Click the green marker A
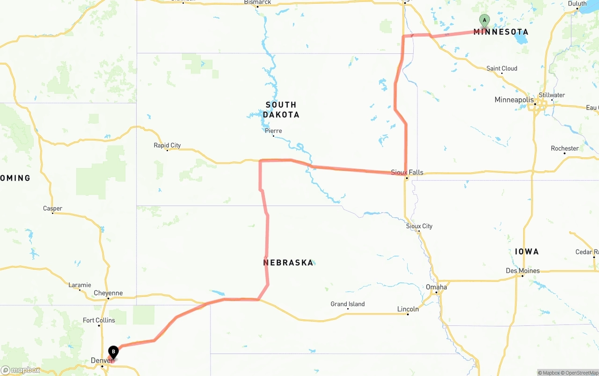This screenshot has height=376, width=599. pos(484,21)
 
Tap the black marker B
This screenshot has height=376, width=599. pos(113,352)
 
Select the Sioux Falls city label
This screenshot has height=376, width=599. pos(407,172)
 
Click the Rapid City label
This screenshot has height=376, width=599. pos(167,146)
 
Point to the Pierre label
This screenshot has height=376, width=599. pos(273,131)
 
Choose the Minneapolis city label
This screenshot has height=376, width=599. pos(514,100)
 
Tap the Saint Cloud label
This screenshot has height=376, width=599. pos(502,68)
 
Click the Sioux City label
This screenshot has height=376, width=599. pos(419,226)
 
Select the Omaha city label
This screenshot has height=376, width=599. pos(436,287)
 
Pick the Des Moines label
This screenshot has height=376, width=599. pos(523,271)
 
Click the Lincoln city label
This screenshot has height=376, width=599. pos(408,309)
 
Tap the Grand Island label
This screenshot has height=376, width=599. pos(348,304)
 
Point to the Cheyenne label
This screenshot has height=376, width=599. pos(108,293)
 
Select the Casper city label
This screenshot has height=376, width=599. pos(52,208)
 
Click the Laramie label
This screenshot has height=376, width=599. pos(80,285)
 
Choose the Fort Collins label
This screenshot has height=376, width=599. pos(99,320)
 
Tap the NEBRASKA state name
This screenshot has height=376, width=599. pos(288,263)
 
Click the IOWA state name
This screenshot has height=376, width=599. pos(527,251)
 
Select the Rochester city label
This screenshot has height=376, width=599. pos(565,148)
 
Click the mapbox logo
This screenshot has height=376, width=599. pos(21,370)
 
